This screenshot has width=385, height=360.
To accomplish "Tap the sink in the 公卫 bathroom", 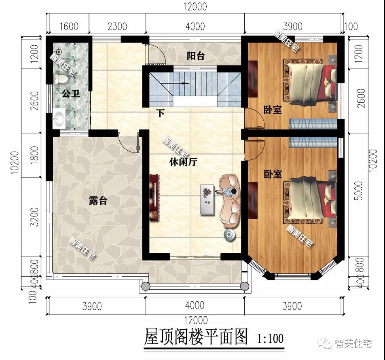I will click(x=59, y=118).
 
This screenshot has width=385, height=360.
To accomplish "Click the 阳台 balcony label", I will click(x=195, y=56).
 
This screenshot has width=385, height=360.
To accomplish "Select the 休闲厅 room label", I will click(x=183, y=162).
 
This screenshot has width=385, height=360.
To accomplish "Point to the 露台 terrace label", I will click(x=98, y=200).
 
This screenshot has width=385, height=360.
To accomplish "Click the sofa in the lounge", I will click(x=230, y=200).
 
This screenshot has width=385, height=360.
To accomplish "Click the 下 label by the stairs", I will click(x=161, y=113).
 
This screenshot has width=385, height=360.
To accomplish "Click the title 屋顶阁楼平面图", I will click(x=196, y=337).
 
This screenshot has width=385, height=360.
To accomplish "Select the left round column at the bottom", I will click(x=144, y=286).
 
